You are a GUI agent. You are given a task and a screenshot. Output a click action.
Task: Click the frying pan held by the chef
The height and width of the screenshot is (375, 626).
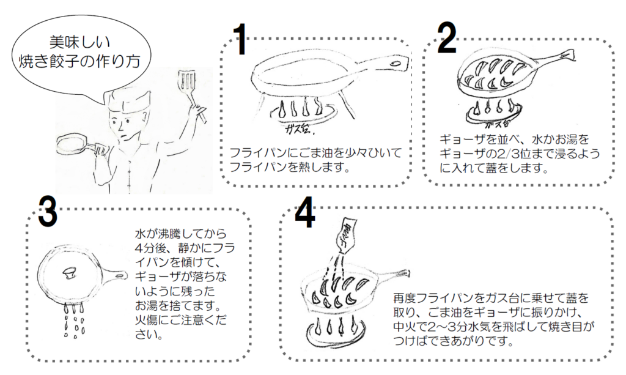tap(72, 146)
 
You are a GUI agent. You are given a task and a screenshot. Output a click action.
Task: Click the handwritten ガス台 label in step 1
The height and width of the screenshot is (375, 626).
tap(299, 130)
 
